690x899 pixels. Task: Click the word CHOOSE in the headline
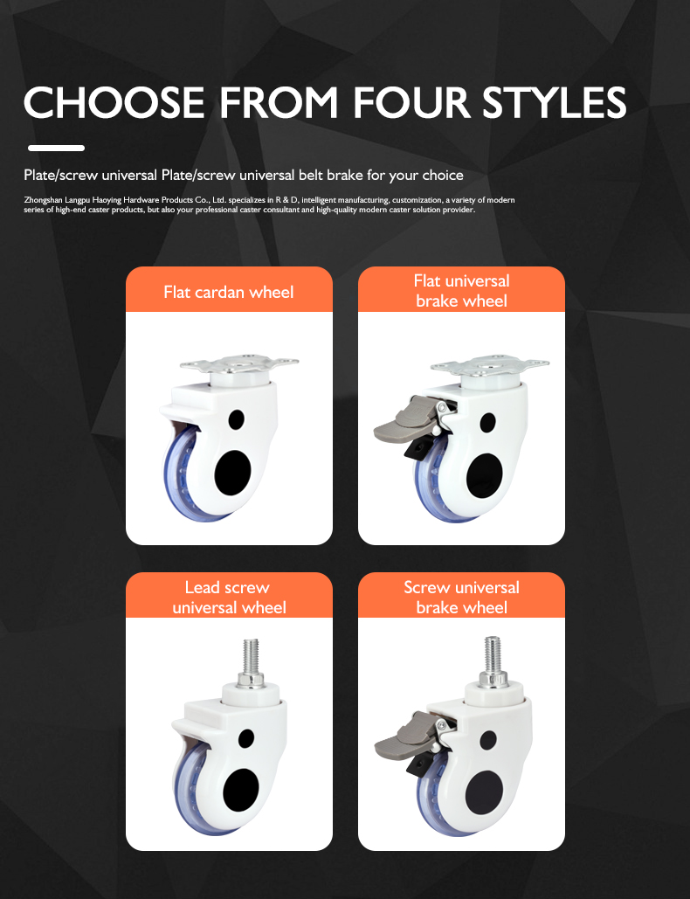point(114,102)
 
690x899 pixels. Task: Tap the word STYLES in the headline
point(554,102)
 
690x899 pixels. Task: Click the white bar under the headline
point(56,148)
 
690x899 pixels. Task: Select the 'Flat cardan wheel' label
point(229,293)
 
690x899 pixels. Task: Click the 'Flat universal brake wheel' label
point(461,291)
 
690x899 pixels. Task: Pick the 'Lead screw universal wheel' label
point(229,597)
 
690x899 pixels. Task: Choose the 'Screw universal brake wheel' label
point(461,597)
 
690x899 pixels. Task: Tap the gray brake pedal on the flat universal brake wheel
point(399,423)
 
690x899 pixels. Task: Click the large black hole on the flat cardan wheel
point(232,473)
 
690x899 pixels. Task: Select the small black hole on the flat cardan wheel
point(236,419)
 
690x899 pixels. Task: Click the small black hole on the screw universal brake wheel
point(488,740)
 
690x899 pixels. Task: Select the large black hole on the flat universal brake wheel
point(484,476)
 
